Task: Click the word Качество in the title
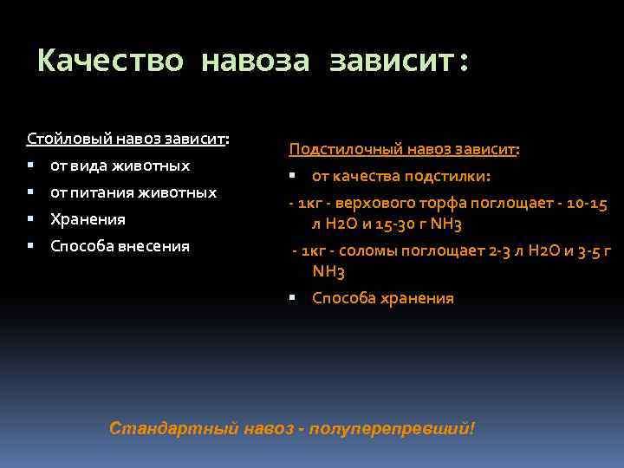click(x=111, y=62)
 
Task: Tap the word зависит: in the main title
click(x=399, y=62)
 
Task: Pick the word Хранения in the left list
click(x=88, y=219)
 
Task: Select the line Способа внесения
click(x=120, y=246)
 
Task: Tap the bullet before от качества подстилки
click(x=293, y=176)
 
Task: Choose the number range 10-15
click(x=586, y=204)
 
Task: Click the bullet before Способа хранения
click(x=293, y=299)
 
